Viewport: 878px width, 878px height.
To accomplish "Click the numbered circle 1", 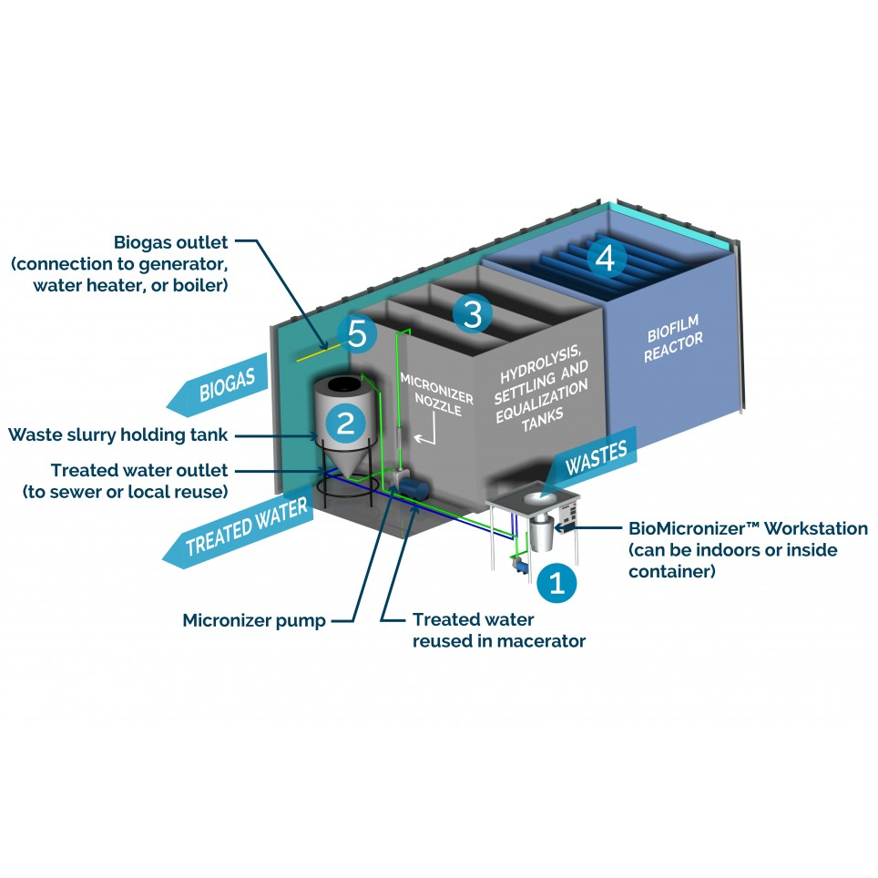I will point(557,583).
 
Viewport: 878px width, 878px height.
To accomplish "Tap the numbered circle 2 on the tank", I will point(345,422).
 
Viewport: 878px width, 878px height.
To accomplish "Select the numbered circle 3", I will point(472,314).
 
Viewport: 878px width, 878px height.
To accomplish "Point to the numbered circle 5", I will point(357,334).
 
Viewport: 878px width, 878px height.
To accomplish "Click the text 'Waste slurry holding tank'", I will point(118,434).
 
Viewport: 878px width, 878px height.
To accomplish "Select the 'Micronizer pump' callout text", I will point(254,621).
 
